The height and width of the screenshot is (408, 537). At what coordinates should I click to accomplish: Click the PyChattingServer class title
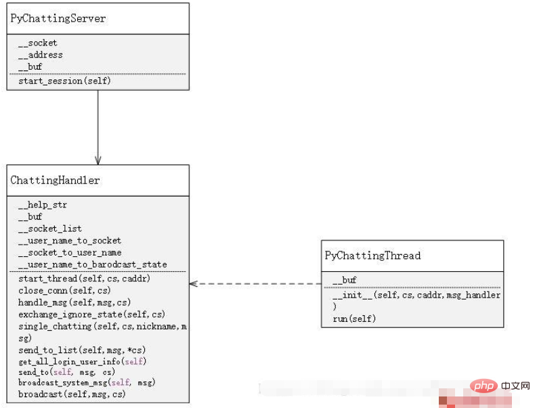point(58,18)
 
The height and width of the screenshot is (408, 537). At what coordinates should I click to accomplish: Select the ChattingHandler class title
point(55,180)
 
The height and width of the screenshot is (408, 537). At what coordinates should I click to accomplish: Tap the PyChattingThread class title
point(372,256)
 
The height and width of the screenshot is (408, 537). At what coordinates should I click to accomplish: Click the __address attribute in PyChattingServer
point(41,55)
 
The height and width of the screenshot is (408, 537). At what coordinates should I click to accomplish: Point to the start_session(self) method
point(64,81)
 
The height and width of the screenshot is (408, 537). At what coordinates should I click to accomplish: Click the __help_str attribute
point(43,205)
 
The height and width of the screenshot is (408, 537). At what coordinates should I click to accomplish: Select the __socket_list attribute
point(50,228)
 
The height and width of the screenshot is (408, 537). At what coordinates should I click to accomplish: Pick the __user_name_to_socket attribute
point(70,241)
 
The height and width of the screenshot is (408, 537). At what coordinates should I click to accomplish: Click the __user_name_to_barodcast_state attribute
point(93,265)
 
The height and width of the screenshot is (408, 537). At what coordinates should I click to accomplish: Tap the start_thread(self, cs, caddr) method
point(84,279)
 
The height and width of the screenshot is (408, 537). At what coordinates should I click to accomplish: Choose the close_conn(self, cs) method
point(64,290)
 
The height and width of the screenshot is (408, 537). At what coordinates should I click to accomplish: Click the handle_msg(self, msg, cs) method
point(74,302)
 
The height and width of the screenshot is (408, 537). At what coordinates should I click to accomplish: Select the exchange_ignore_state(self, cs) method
point(91,314)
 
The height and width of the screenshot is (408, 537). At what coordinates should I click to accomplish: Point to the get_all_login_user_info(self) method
point(82,362)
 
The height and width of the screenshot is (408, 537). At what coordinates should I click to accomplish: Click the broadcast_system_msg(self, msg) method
point(87,383)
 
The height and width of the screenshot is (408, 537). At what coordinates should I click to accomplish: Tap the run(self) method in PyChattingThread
point(354,319)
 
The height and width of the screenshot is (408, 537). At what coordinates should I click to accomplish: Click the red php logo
point(484,386)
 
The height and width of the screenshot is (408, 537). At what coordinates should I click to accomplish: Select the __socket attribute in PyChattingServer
point(38,43)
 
